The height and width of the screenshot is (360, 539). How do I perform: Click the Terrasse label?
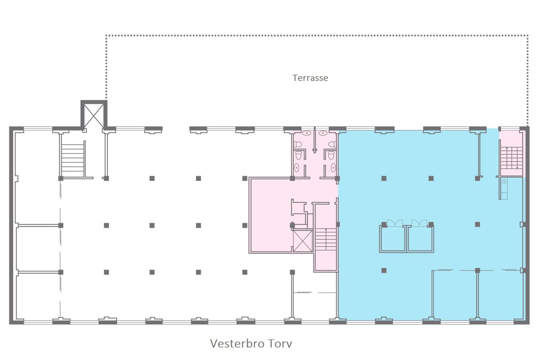click(310, 78)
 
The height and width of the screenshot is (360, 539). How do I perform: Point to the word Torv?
click(280, 343)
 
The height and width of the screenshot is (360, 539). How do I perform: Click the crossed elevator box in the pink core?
click(303, 241)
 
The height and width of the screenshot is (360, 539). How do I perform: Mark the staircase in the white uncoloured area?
click(73, 160)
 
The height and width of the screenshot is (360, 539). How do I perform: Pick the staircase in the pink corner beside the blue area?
click(512, 158)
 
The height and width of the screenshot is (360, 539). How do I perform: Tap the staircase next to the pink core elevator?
click(326, 239)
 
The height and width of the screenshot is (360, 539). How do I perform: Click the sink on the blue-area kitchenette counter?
click(504, 181)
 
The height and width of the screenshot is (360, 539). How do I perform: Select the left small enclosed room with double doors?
click(393, 238)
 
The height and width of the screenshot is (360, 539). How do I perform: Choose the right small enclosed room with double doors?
click(420, 238)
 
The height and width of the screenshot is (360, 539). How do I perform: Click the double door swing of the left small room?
click(395, 223)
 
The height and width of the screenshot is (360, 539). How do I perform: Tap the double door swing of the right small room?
click(419, 223)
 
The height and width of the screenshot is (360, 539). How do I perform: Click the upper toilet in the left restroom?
click(298, 144)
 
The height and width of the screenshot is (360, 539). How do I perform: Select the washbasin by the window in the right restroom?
click(323, 133)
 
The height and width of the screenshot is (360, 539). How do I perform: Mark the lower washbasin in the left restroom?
click(297, 167)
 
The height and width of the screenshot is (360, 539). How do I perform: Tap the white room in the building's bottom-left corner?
click(38, 297)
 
